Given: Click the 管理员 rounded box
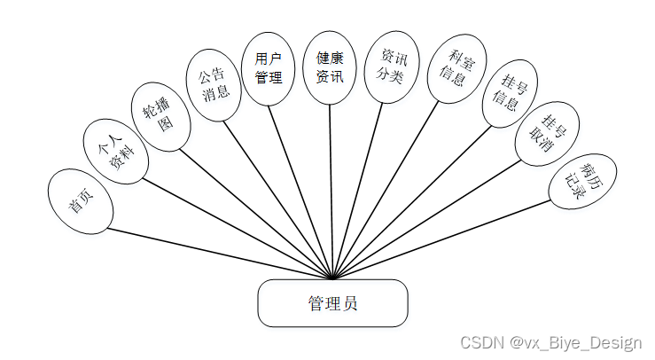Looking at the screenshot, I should click(x=332, y=303).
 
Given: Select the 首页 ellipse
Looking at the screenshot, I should click(x=82, y=201).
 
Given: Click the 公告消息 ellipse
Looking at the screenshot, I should click(x=214, y=84).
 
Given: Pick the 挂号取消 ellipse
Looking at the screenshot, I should click(x=544, y=134).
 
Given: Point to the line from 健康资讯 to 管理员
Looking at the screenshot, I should click(x=331, y=191).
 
